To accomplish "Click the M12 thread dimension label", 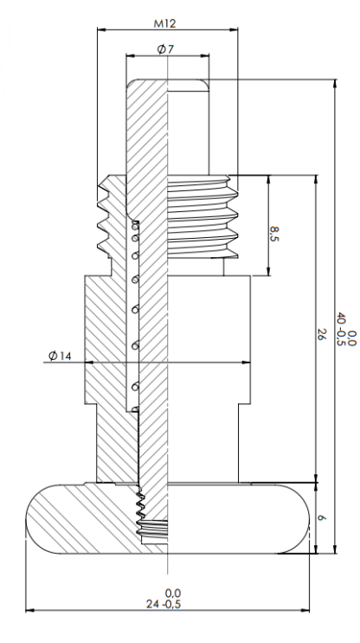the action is tap(164, 23).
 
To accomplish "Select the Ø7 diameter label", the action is tap(165, 49).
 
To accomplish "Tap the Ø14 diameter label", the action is tap(60, 356).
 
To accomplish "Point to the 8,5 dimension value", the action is tap(274, 234).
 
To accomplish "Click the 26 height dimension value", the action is tap(321, 334).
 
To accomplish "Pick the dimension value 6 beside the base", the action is tap(321, 518).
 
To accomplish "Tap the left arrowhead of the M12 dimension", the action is tap(101, 29).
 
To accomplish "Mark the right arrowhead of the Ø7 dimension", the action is tap(205, 55).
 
